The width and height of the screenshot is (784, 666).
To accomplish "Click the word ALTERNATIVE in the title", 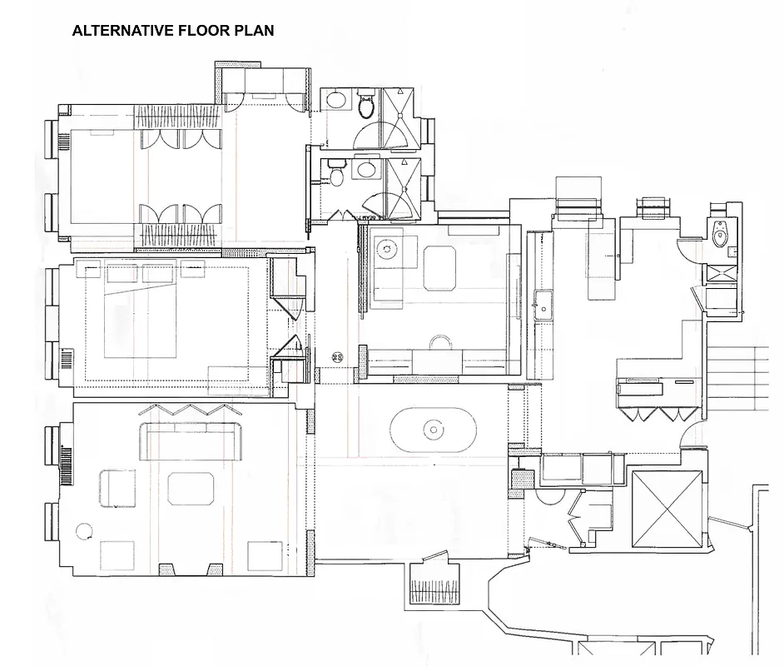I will (123, 31).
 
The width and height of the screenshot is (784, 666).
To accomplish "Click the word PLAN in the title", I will (256, 31).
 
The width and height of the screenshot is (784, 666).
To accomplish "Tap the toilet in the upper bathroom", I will (365, 106).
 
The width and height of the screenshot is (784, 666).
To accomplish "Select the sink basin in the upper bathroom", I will (336, 101).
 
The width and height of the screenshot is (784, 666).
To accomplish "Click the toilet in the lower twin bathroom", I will (336, 176).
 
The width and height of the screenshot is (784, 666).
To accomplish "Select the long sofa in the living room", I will (191, 439).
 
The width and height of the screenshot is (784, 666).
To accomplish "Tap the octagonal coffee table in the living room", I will (191, 489).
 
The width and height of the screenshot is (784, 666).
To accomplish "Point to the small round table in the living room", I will (84, 530).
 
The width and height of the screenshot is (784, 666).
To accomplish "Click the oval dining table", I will (433, 430).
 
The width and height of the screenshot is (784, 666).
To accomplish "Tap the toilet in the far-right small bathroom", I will (721, 236).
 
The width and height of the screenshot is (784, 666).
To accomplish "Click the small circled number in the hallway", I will (337, 356).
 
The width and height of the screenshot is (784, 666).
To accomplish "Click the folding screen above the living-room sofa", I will (190, 410).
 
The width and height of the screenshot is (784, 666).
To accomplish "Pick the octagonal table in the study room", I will (440, 267).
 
